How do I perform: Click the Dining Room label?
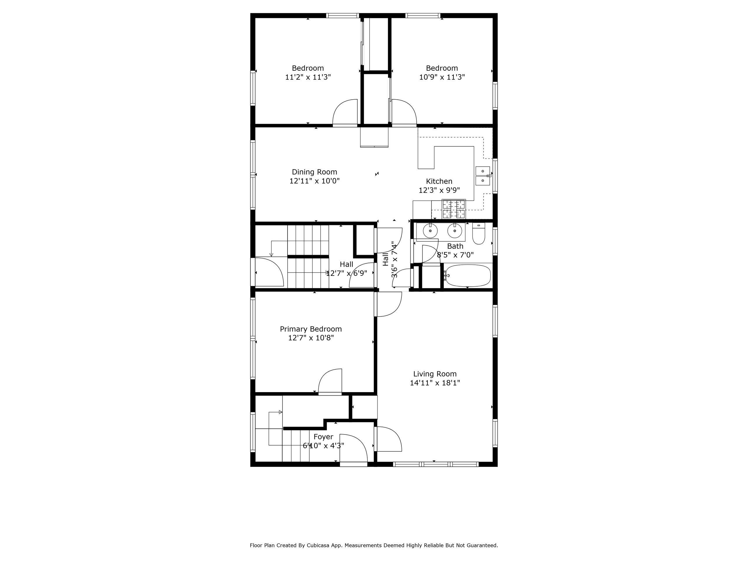314,172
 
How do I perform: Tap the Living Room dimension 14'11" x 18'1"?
435,383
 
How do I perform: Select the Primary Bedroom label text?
311,329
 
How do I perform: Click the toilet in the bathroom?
479,234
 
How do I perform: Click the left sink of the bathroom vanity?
430,231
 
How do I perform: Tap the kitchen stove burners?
454,209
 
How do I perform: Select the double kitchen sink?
483,176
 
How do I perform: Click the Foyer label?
323,437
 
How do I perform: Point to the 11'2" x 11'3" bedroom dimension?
308,77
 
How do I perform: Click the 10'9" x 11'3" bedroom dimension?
442,77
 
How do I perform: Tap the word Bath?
455,246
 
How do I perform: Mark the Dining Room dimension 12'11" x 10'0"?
314,181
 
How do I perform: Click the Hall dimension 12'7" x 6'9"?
347,273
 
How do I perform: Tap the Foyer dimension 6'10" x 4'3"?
323,446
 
